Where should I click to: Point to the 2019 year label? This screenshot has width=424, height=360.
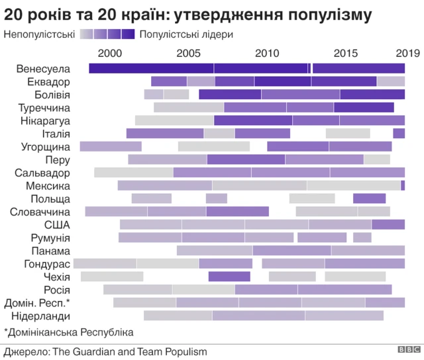(x=406, y=53)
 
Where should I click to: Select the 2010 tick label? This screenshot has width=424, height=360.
(x=268, y=53)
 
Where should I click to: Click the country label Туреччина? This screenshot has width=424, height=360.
(x=44, y=108)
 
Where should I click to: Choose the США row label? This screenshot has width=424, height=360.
(x=57, y=224)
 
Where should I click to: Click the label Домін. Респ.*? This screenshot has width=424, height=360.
(x=36, y=302)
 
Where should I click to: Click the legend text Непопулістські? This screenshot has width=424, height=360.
(x=38, y=34)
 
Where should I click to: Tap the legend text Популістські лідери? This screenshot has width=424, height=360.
(x=187, y=34)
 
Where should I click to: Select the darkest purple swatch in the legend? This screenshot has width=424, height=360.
(x=129, y=34)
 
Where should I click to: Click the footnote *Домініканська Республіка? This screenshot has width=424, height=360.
(x=69, y=332)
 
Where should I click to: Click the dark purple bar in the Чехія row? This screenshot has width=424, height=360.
(x=229, y=276)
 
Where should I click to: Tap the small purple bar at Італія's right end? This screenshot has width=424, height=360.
(x=399, y=133)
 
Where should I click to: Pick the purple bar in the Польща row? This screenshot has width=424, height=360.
(x=369, y=198)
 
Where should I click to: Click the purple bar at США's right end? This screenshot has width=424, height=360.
(x=388, y=224)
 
